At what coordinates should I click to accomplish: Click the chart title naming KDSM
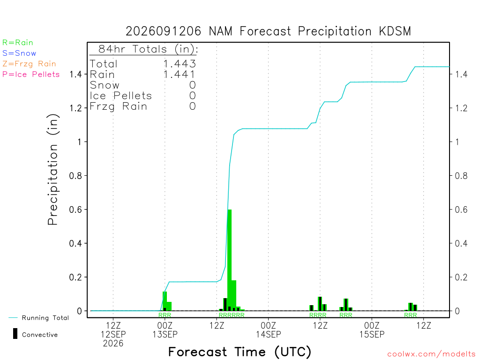click(268, 31)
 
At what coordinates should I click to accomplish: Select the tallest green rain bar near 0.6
click(230, 260)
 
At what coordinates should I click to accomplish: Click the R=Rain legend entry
click(18, 43)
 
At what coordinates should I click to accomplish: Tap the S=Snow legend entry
click(19, 53)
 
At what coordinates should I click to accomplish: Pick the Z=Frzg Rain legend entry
click(29, 64)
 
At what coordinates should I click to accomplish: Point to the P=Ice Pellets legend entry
click(31, 75)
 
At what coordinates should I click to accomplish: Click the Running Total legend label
click(45, 318)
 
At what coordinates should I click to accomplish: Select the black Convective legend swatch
click(15, 334)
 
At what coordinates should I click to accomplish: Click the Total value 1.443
click(180, 64)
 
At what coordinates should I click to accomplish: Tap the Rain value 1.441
click(180, 75)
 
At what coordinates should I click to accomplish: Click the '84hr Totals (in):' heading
click(148, 49)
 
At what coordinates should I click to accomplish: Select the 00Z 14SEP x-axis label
click(269, 330)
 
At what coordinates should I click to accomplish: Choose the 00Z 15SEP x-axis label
click(372, 330)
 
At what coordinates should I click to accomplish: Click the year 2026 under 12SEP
click(113, 344)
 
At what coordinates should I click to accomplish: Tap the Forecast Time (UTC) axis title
click(240, 352)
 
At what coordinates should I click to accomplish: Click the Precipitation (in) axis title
click(53, 170)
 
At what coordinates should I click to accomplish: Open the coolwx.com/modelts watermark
click(431, 354)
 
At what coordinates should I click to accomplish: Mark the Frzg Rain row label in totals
click(118, 106)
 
